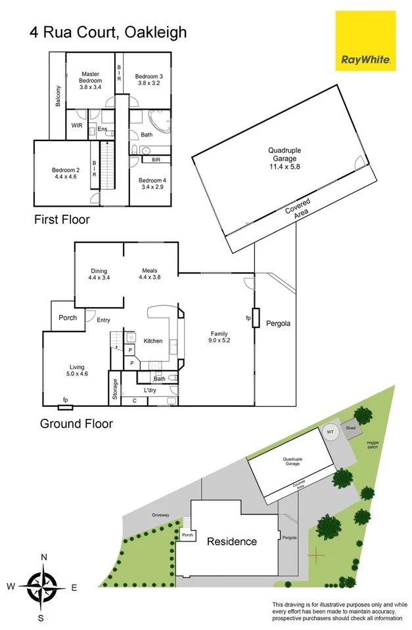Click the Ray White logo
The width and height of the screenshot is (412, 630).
[x=365, y=41]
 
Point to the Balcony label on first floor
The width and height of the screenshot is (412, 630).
[x=58, y=96]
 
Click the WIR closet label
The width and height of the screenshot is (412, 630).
[x=76, y=124]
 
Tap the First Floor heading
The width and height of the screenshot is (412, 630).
[x=62, y=220]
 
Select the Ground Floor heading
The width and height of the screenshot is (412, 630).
[x=76, y=423]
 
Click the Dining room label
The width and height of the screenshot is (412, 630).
[x=99, y=271]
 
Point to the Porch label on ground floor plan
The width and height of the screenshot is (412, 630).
[x=68, y=318]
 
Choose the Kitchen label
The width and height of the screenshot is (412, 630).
[x=153, y=341]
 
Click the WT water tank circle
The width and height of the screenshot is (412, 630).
[x=331, y=432]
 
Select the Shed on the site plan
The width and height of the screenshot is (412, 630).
[x=350, y=425]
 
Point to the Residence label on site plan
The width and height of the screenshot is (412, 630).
[x=232, y=541]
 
